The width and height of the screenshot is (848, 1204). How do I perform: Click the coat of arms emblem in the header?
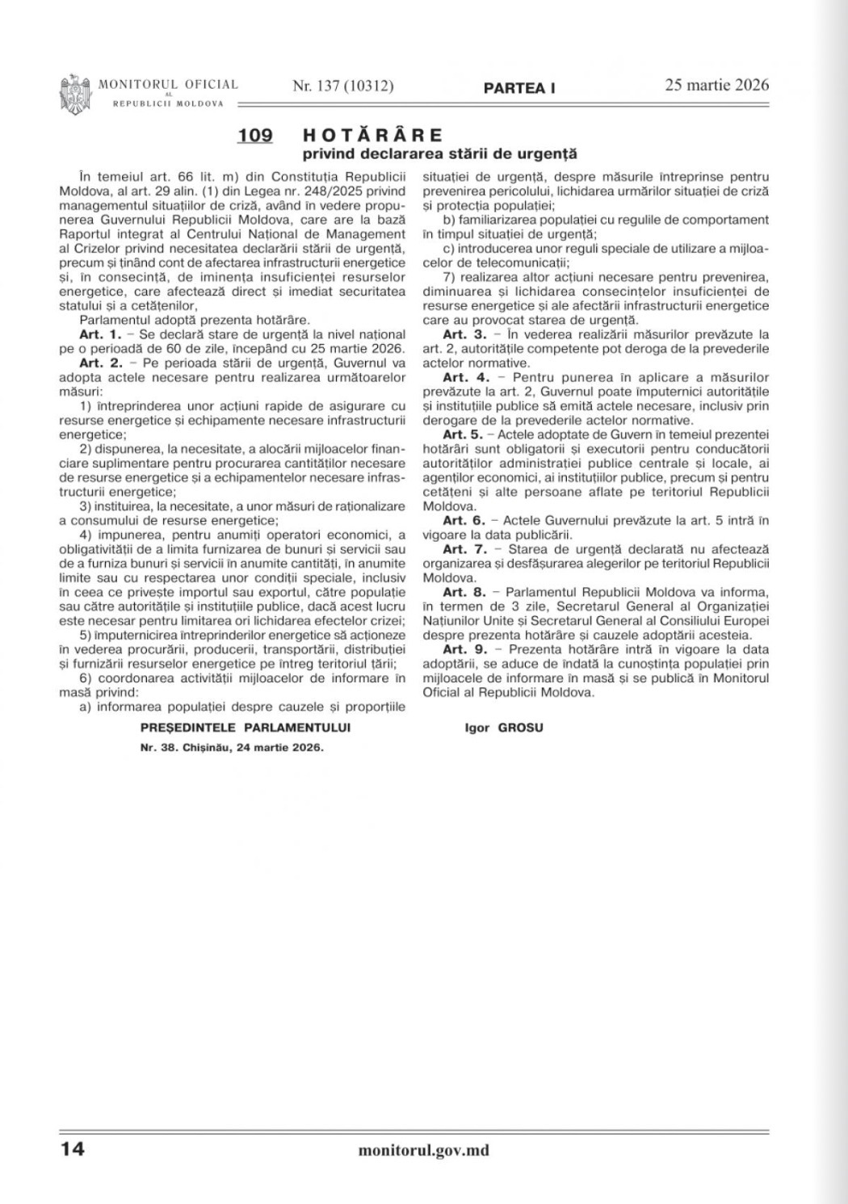tap(75, 94)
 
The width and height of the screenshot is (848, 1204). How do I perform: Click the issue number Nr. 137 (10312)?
tap(343, 86)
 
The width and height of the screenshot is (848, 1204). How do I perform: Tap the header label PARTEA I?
tap(519, 88)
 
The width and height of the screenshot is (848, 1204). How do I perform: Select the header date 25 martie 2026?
tap(717, 85)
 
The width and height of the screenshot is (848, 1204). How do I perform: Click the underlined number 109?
tap(255, 136)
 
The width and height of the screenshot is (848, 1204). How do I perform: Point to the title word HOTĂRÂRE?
tap(372, 135)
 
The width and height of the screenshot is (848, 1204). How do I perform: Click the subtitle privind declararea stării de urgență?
tap(439, 153)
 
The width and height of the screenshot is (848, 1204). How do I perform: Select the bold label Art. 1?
tap(100, 334)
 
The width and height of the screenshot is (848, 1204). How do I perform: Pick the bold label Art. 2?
tap(100, 363)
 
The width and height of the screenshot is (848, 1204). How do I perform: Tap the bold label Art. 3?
tap(464, 334)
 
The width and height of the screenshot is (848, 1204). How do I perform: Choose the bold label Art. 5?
tap(463, 434)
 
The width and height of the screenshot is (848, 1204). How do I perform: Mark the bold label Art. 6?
tap(464, 520)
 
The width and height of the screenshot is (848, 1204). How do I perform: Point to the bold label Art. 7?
tap(464, 549)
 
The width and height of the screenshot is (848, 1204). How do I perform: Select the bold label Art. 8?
tap(464, 592)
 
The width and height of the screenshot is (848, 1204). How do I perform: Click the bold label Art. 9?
tap(464, 649)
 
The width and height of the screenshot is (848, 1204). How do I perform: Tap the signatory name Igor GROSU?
tap(504, 728)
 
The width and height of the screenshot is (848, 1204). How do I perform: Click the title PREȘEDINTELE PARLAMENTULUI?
tap(246, 728)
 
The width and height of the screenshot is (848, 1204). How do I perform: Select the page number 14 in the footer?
tap(72, 1148)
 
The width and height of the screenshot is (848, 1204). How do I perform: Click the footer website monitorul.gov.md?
tap(423, 1151)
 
